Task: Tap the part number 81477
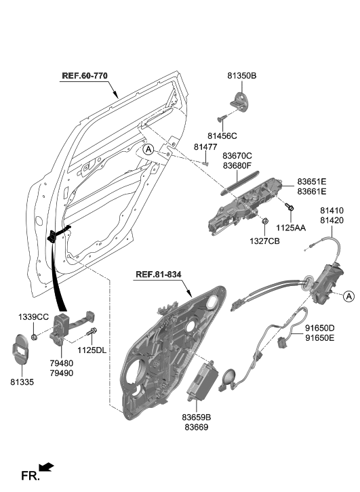pyautogui.click(x=205, y=147)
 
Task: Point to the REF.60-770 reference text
pyautogui.click(x=85, y=75)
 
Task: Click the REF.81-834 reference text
pyautogui.click(x=159, y=274)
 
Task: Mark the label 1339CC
pyautogui.click(x=33, y=317)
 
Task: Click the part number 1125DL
pyautogui.click(x=92, y=350)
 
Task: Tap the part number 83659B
pyautogui.click(x=196, y=417)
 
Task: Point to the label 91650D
pyautogui.click(x=319, y=327)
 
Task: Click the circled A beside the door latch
pyautogui.click(x=348, y=295)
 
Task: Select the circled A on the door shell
pyautogui.click(x=148, y=148)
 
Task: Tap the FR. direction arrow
pyautogui.click(x=46, y=467)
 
